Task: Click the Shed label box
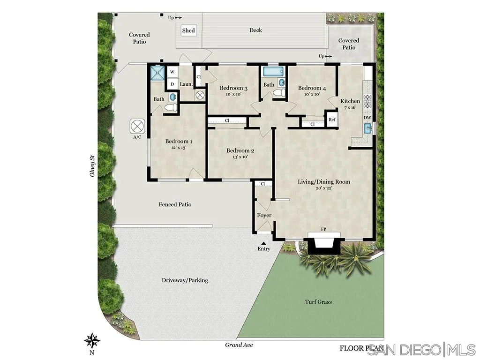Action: (188, 31)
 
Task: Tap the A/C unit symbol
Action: (137, 126)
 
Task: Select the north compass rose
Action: (92, 339)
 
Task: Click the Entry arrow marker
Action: (264, 243)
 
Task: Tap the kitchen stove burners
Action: (367, 101)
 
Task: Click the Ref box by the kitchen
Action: (332, 119)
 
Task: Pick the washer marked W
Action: (172, 72)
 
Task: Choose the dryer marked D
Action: (172, 84)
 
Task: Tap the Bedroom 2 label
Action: (240, 150)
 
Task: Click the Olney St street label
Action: (92, 166)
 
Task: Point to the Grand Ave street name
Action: (239, 345)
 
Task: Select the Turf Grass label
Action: (318, 302)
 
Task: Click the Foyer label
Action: (264, 215)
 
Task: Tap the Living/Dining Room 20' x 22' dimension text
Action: (324, 188)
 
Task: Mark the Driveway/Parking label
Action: (185, 280)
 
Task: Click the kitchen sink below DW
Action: (368, 127)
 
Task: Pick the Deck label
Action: (255, 30)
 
